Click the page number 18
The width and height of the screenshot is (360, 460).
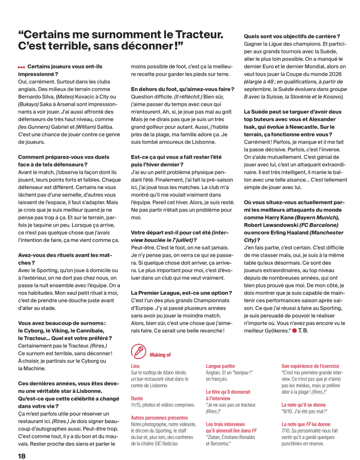point(22,454)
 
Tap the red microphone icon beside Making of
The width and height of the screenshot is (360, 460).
point(138,352)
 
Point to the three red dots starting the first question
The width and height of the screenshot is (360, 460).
point(22,67)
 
